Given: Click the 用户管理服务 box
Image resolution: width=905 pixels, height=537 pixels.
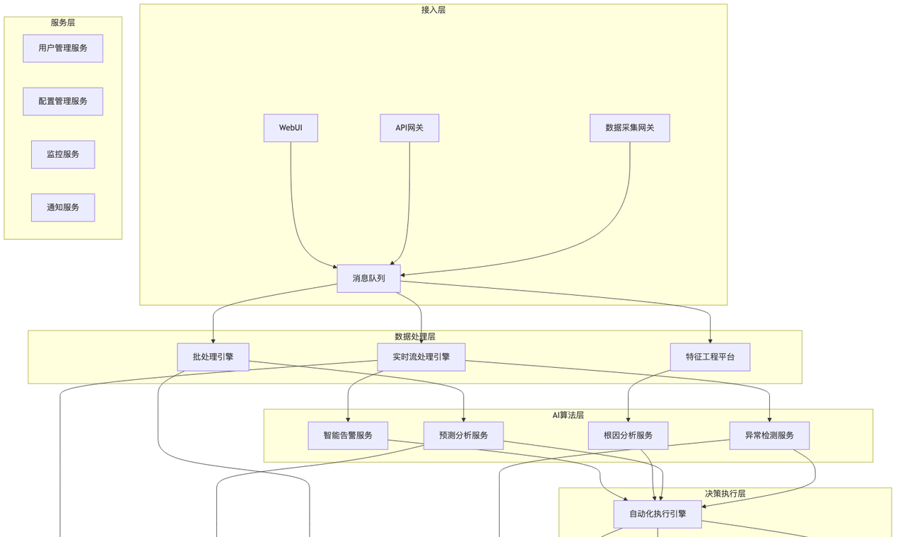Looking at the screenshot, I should point(63,48).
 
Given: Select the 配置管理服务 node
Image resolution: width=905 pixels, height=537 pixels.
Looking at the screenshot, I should point(63,101).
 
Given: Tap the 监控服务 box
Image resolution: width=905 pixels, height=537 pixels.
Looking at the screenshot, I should point(63,154).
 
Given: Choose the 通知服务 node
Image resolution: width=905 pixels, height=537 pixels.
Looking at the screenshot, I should point(63,207).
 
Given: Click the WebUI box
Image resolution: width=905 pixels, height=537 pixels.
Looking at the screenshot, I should point(291,128).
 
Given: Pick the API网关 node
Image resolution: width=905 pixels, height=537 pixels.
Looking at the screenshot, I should point(409,128).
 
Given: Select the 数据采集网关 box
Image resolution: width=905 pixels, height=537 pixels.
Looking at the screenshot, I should point(630,128).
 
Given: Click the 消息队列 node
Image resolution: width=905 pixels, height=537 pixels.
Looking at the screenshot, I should point(369,278).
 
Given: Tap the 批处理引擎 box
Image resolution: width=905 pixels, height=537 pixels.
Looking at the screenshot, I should point(213,357).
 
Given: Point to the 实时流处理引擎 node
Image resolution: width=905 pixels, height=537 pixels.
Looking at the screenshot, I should point(421,357).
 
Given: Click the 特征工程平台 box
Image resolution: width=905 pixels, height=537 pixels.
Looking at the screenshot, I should point(710,357).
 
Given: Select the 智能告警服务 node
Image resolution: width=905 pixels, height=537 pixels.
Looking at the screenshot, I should point(348,435).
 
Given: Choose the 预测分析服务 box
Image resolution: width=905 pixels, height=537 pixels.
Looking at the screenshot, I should point(464,435).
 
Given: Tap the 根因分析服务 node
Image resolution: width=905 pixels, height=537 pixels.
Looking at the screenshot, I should point(628,435).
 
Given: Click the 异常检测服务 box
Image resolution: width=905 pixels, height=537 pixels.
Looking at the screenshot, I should point(769,435).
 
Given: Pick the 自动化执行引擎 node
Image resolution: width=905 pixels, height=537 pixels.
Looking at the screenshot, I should point(658,514).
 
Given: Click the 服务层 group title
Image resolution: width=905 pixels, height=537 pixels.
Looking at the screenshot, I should point(63,23).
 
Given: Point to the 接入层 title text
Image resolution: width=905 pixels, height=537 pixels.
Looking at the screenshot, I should point(433,10).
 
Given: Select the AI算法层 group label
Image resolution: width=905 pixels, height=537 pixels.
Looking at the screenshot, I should point(568,415).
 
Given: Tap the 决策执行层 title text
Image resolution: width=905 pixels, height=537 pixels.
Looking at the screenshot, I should point(725,494).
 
